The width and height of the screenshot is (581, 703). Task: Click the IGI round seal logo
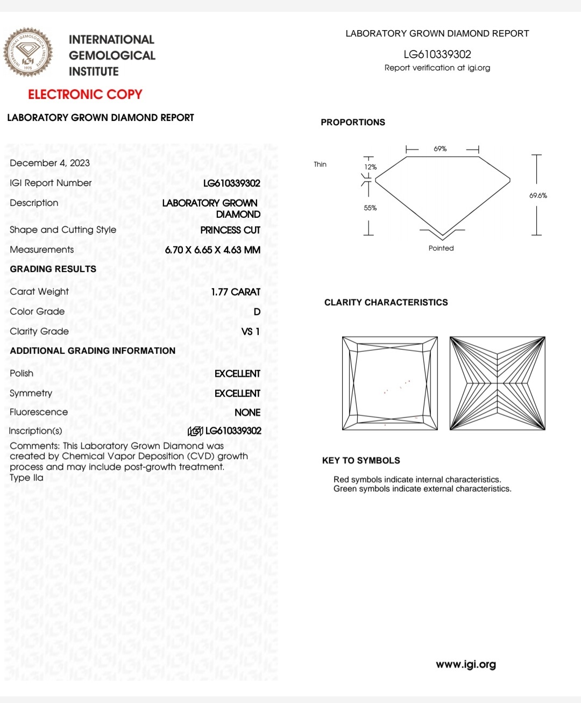[x=29, y=53]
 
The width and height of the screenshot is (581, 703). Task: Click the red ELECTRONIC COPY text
[x=85, y=95]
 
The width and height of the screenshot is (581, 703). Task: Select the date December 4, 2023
[x=49, y=163]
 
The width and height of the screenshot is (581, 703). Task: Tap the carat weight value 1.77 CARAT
[x=236, y=292]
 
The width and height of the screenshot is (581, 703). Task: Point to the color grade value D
[x=257, y=312]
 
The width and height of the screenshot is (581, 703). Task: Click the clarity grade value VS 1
[x=251, y=332]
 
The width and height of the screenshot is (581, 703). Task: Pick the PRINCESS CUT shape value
[x=230, y=230]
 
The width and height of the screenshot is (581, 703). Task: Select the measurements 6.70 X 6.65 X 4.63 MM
[x=212, y=250]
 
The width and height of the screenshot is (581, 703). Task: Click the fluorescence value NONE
[x=247, y=413]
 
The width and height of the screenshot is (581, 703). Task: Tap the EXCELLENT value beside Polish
[x=237, y=374]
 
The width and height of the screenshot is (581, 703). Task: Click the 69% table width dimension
[x=440, y=149]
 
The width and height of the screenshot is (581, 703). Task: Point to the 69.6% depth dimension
[x=538, y=196]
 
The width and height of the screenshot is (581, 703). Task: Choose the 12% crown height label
[x=371, y=167]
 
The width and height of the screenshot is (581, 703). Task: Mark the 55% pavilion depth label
[x=370, y=208]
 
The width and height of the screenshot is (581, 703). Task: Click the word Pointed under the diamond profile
[x=441, y=248]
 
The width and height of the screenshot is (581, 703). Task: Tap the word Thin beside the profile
[x=320, y=165]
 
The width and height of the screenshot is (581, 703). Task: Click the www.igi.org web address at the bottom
[x=466, y=665]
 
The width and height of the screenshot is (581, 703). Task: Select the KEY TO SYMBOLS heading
[x=361, y=461]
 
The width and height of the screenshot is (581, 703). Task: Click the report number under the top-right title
[x=437, y=54]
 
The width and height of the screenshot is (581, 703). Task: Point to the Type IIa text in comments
[x=26, y=478]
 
